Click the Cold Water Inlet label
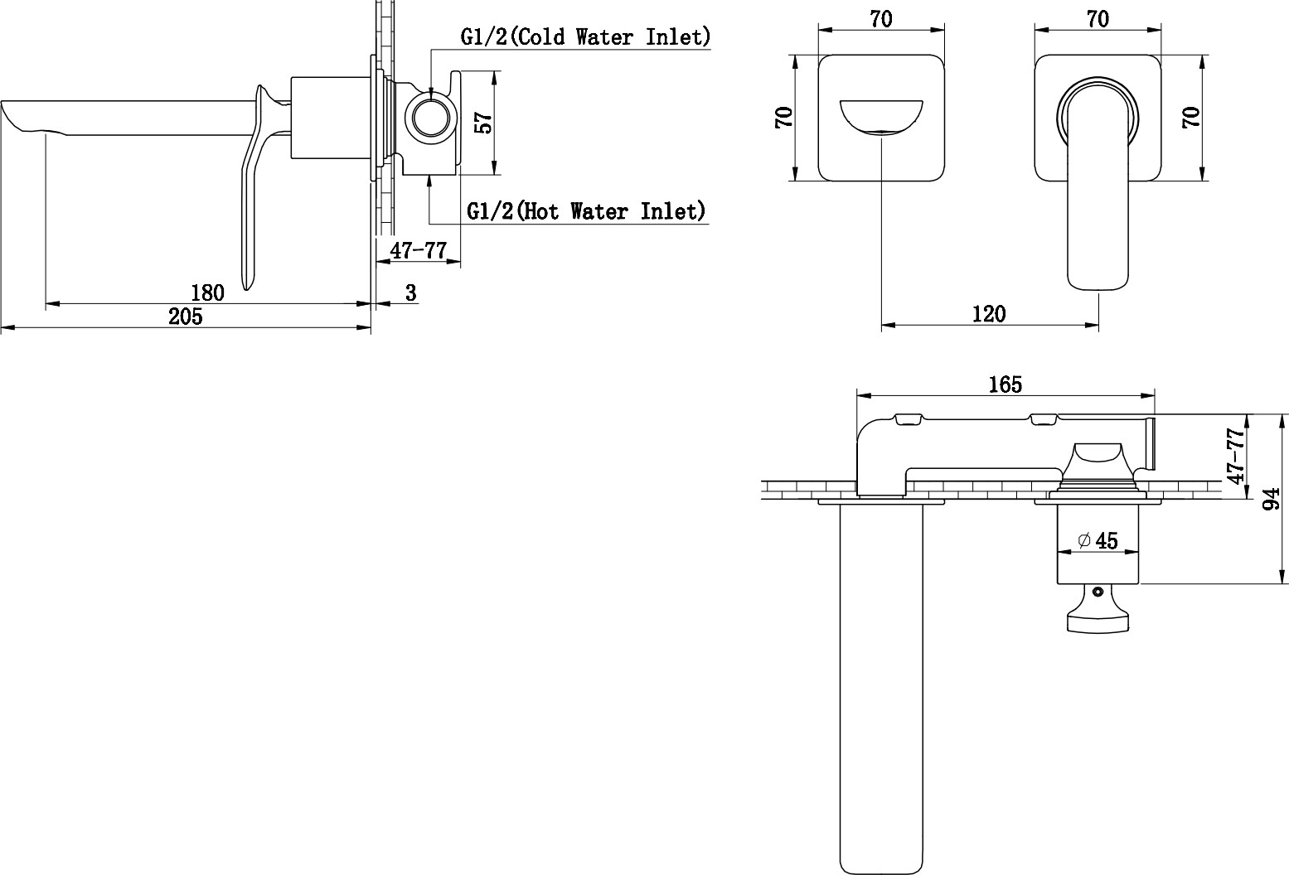pyautogui.click(x=586, y=36)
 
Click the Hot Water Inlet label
pyautogui.click(x=586, y=211)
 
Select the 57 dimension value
pyautogui.click(x=485, y=123)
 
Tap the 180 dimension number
pyautogui.click(x=207, y=292)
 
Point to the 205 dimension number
pyautogui.click(x=186, y=317)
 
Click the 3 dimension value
pyautogui.click(x=410, y=292)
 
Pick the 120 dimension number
pyautogui.click(x=989, y=314)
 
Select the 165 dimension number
pyautogui.click(x=1006, y=384)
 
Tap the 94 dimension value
pyautogui.click(x=1271, y=499)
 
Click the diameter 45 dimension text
pyautogui.click(x=1098, y=541)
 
